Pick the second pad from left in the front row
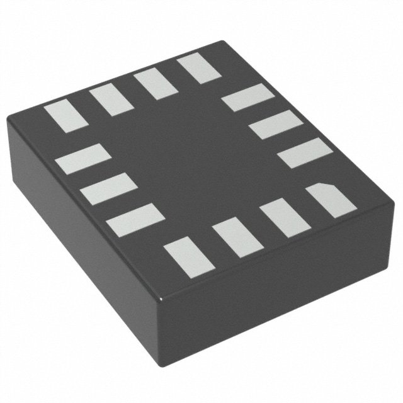233,237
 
